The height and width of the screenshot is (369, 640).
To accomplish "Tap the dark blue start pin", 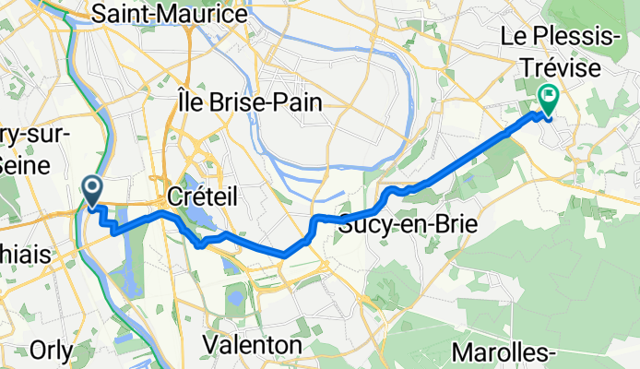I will coord(93,191).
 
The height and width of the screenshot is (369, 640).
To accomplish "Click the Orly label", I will coord(51,351).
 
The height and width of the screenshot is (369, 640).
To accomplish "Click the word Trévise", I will coord(563,68).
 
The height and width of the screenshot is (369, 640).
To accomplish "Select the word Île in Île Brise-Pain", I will coord(188,102).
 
